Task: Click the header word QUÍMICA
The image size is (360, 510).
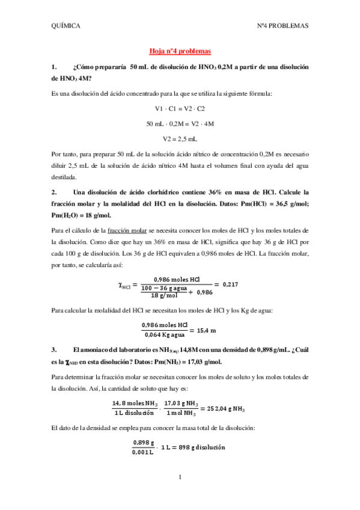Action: [66, 26]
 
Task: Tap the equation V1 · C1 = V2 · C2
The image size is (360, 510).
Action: [180, 108]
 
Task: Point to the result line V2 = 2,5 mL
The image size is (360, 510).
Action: [180, 138]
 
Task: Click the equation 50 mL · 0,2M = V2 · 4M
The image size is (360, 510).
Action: [180, 123]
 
